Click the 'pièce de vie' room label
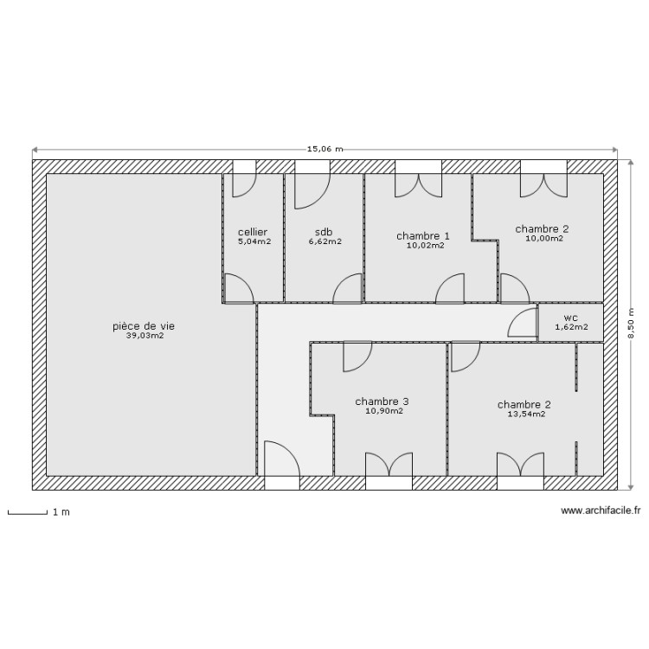[x=144, y=326]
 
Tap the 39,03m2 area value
[x=145, y=336]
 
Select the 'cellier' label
[x=253, y=232]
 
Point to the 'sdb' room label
[x=324, y=232]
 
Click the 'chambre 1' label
[x=423, y=235]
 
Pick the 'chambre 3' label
[x=382, y=402]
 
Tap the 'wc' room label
[x=570, y=317]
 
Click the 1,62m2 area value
[x=571, y=327]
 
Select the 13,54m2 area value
[x=525, y=414]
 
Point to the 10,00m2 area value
[x=543, y=238]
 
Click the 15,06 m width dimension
[x=325, y=149]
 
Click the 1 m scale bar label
[x=61, y=512]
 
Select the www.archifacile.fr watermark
[x=601, y=511]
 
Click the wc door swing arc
[x=521, y=323]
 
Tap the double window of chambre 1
[x=419, y=180]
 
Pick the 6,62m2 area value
[x=324, y=242]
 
